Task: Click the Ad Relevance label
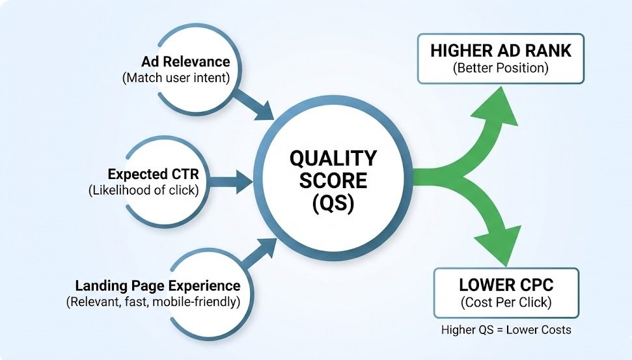(185, 62)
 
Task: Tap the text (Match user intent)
(176, 77)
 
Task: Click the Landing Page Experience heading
(158, 286)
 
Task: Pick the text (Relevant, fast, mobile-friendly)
(153, 301)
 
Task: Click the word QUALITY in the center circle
(333, 158)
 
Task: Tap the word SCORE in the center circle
(333, 180)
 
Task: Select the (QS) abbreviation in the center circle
(333, 203)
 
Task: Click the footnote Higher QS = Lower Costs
(506, 329)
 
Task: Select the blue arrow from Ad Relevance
(254, 102)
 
